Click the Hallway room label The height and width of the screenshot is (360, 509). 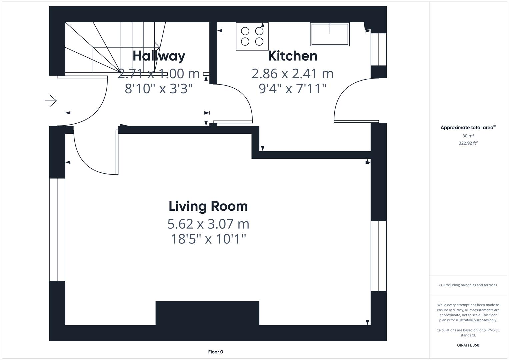pyautogui.click(x=159, y=56)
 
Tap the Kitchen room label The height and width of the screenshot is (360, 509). pyautogui.click(x=293, y=56)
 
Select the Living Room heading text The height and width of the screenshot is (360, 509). pyautogui.click(x=208, y=206)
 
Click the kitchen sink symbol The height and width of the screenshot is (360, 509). pyautogui.click(x=330, y=34)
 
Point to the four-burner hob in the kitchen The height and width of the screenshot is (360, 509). pyautogui.click(x=252, y=36)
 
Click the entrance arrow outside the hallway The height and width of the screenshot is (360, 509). pyautogui.click(x=50, y=101)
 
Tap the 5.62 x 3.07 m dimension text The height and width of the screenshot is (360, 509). pyautogui.click(x=208, y=224)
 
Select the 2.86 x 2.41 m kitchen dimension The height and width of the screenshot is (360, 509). pyautogui.click(x=293, y=74)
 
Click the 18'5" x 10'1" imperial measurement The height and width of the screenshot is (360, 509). pyautogui.click(x=208, y=239)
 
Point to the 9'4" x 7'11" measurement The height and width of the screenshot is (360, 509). pyautogui.click(x=293, y=88)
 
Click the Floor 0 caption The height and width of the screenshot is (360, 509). pyautogui.click(x=216, y=352)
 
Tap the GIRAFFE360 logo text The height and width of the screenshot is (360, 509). pyautogui.click(x=468, y=345)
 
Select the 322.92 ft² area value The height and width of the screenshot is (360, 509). pyautogui.click(x=468, y=143)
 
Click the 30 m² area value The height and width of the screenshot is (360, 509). pyautogui.click(x=468, y=136)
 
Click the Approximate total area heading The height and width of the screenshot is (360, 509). pyautogui.click(x=468, y=127)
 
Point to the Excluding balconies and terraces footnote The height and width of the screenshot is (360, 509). pyautogui.click(x=468, y=285)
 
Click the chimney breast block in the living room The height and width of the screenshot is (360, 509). pyautogui.click(x=207, y=313)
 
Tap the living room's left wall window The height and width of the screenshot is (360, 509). pyautogui.click(x=57, y=230)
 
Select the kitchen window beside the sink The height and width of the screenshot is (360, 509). pyautogui.click(x=379, y=49)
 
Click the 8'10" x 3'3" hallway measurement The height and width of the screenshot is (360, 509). pyautogui.click(x=159, y=88)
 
